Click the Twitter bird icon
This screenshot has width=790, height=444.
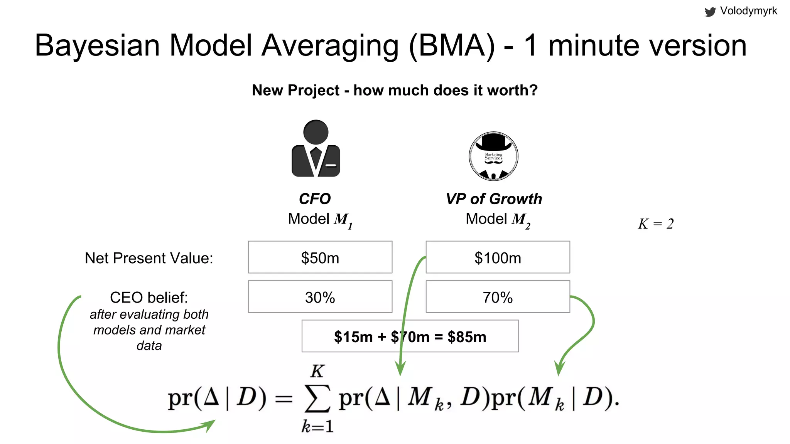[x=710, y=12]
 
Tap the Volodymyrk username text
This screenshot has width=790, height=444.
[x=748, y=11]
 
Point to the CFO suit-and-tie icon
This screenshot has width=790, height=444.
[x=316, y=148]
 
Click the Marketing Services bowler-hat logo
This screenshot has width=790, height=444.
[x=493, y=156]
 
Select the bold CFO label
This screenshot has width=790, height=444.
[x=315, y=199]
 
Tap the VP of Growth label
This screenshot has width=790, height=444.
[x=494, y=199]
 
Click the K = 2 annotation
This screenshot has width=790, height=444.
[x=656, y=224]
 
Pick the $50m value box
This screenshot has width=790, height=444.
[x=320, y=257]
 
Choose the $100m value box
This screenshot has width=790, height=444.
[x=498, y=257]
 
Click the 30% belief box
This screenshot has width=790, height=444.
[x=320, y=297]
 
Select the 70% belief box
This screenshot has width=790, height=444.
[x=498, y=297]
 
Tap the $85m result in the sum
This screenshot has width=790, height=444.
[x=467, y=337]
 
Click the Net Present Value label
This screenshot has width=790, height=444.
[x=149, y=258]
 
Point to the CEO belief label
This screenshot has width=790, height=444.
[x=149, y=298]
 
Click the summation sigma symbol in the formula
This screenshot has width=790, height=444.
[x=317, y=399]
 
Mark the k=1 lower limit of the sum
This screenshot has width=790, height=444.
[x=317, y=426]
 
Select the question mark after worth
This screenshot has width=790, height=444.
[x=533, y=90]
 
